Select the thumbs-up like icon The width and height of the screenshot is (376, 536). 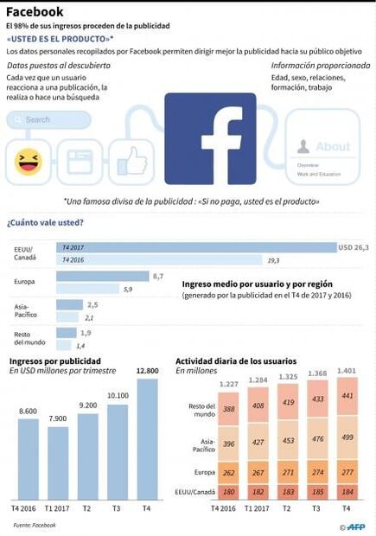coord(132,160)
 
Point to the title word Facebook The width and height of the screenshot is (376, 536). coord(35,12)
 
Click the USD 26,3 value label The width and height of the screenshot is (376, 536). coord(354,247)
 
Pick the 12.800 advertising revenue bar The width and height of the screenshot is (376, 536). coord(148,447)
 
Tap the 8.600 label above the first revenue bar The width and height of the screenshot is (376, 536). coord(27,411)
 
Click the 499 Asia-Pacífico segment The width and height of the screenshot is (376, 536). coord(347,437)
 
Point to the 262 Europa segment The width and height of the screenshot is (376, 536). coord(228,473)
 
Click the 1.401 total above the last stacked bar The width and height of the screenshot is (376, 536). coord(347,371)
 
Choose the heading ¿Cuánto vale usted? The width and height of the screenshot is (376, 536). coord(45,222)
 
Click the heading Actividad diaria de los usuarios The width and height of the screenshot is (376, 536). coord(237,361)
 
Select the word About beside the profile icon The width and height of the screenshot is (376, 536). coord(333,147)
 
